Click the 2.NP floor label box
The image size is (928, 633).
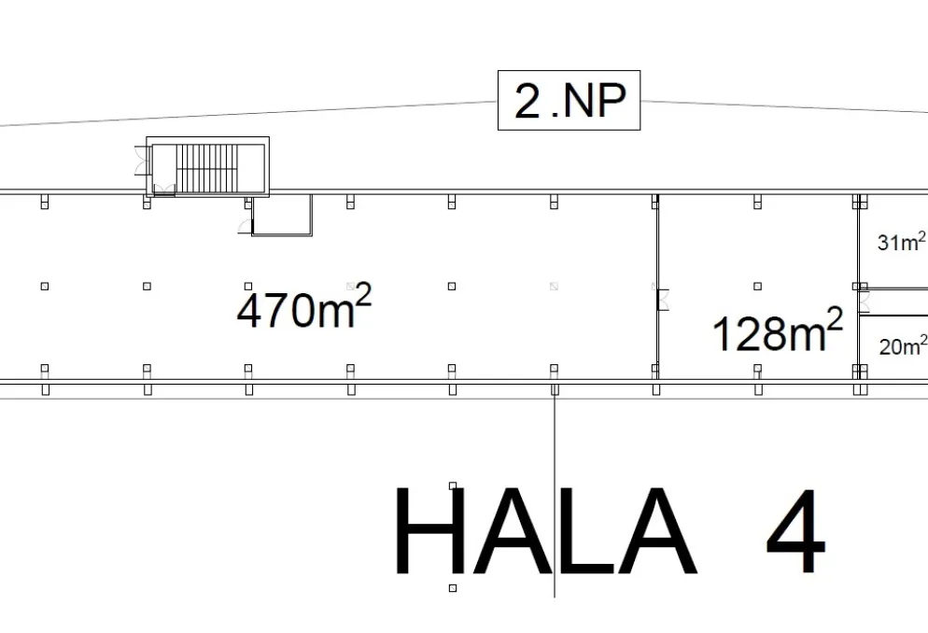[569, 100]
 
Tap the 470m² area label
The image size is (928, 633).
[304, 306]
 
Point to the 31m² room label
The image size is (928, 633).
[901, 242]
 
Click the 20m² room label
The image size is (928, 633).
[903, 345]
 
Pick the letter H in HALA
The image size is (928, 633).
[430, 530]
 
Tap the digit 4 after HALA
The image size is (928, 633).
[795, 530]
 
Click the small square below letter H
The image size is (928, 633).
[453, 588]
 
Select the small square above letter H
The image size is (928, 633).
[453, 485]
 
